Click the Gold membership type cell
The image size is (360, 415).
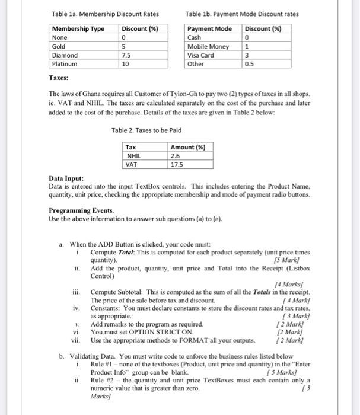59,46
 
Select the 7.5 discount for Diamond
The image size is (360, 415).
126,55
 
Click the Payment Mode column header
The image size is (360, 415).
209,29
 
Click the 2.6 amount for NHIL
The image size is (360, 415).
175,155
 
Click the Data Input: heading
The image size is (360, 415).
66,178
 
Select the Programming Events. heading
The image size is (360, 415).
77,210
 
